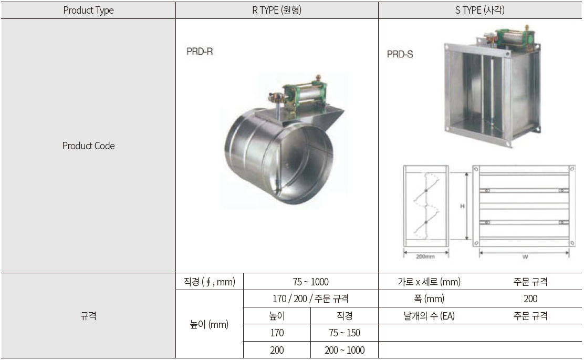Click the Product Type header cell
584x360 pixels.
pyautogui.click(x=88, y=10)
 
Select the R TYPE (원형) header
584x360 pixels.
pyautogui.click(x=277, y=10)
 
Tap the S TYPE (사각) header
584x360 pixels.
pyautogui.click(x=479, y=10)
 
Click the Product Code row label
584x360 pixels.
pyautogui.click(x=88, y=146)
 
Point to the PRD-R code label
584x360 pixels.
pyautogui.click(x=200, y=52)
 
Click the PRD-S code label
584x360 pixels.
pyautogui.click(x=400, y=54)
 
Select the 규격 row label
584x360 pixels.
pyautogui.click(x=88, y=316)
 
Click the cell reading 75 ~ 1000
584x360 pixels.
pyautogui.click(x=310, y=282)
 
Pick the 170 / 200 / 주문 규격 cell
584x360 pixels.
pyautogui.click(x=310, y=299)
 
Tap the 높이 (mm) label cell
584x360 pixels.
pyautogui.click(x=209, y=324)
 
